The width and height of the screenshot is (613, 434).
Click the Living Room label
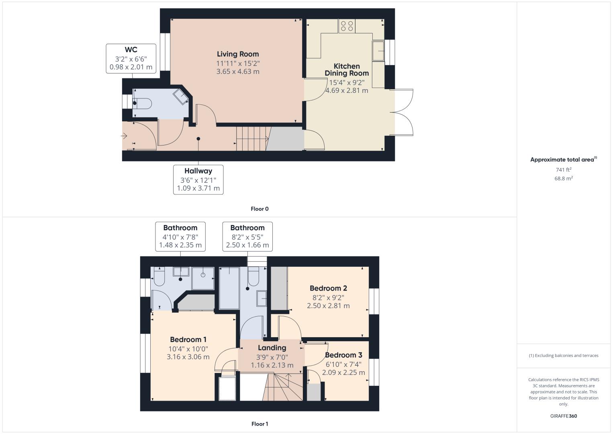tap(238, 54)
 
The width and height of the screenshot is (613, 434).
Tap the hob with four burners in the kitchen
tap(347, 26)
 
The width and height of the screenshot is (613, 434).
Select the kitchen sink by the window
tap(378, 51)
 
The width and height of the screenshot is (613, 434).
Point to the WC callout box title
tap(131, 49)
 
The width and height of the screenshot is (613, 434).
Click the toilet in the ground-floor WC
tap(142, 103)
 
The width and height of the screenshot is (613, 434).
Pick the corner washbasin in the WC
tap(181, 96)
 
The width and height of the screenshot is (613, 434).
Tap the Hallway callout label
tap(198, 171)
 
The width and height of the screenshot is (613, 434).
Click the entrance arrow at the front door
tap(124, 135)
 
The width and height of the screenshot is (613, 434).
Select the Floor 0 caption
tap(260, 209)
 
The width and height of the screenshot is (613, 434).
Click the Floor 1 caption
tap(260, 424)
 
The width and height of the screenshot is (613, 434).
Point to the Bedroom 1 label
tap(188, 340)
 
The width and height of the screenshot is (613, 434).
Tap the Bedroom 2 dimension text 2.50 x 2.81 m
tap(328, 305)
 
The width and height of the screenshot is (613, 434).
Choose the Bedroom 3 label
tap(343, 355)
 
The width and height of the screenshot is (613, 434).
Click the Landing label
tap(272, 348)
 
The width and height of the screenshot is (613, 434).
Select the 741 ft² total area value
tap(564, 170)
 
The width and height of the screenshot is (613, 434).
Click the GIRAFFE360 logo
tap(564, 416)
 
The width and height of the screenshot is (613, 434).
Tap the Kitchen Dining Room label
tap(347, 70)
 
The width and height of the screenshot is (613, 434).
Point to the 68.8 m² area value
tap(564, 178)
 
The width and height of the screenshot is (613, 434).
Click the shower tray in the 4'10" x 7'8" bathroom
tap(203, 278)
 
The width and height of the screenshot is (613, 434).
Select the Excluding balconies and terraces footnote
tap(564, 355)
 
